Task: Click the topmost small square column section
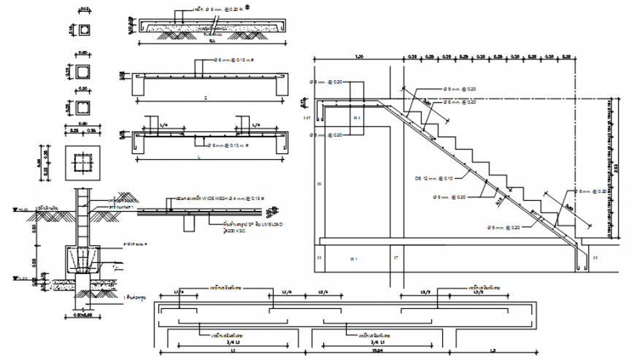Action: pyautogui.click(x=84, y=30)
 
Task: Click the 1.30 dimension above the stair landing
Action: pyautogui.click(x=358, y=56)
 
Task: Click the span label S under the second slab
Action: pyautogui.click(x=205, y=97)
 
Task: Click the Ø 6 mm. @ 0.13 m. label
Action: pyautogui.click(x=228, y=145)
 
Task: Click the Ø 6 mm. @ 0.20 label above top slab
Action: pyautogui.click(x=212, y=11)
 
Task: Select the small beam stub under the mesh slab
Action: pyautogui.click(x=188, y=223)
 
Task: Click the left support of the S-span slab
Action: pyautogui.click(x=139, y=87)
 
